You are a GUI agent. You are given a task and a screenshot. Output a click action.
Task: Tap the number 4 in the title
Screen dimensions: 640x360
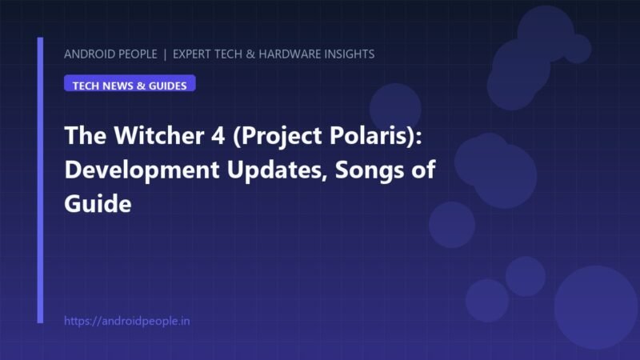[x=218, y=135]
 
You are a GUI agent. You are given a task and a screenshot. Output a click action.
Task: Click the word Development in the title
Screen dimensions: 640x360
[x=142, y=170]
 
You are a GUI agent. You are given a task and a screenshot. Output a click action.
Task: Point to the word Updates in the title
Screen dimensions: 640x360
[x=278, y=170]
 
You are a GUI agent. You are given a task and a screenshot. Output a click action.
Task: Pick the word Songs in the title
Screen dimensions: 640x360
[x=369, y=170]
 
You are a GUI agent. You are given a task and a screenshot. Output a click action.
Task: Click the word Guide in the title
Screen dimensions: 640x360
[x=98, y=204]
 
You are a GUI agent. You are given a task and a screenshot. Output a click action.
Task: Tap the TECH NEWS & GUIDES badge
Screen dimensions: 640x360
[x=130, y=83]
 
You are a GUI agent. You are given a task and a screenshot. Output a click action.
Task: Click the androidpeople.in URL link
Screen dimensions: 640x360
[x=127, y=321]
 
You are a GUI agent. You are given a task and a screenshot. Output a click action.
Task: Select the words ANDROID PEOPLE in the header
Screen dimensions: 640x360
[x=110, y=54]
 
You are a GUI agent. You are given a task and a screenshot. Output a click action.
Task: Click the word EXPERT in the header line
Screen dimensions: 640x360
[x=194, y=54]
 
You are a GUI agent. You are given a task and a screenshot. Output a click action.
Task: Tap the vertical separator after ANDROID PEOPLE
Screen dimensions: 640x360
[x=165, y=54]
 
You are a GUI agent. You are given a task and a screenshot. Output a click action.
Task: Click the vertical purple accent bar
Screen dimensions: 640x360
[x=40, y=181]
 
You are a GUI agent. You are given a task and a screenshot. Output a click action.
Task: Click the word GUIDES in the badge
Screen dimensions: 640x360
[x=167, y=86]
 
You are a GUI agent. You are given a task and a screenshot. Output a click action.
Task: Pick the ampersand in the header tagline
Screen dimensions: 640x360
[x=250, y=54]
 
